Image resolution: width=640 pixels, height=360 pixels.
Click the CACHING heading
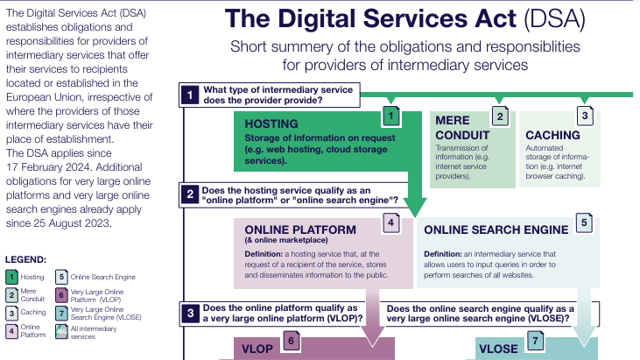coord(552,135)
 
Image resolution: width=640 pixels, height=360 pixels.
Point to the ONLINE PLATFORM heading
coord(294,230)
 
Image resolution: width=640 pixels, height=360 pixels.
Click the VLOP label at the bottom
coord(258,349)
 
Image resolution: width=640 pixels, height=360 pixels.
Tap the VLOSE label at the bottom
coord(499,349)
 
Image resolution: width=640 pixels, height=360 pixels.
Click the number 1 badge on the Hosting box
coord(391,115)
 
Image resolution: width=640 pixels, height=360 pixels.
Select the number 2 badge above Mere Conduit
coord(500,115)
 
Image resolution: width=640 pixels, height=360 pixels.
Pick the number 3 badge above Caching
coord(585,115)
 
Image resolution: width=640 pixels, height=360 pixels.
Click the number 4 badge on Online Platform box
coord(391,224)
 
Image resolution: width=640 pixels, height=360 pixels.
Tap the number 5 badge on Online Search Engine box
coord(583,224)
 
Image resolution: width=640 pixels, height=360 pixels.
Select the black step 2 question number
coord(189,195)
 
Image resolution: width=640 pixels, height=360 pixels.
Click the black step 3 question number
coord(189,314)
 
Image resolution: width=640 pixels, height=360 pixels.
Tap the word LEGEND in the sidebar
coord(26,259)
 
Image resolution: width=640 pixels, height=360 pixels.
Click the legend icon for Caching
coord(11,311)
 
